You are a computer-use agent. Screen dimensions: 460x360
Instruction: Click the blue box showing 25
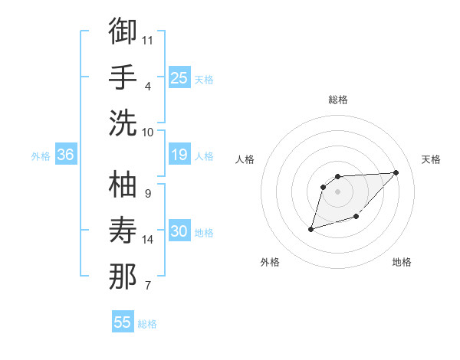179,77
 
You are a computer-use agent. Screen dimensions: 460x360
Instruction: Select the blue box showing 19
179,155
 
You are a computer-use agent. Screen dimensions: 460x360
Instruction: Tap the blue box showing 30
179,231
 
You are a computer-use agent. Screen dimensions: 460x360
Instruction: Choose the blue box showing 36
65,155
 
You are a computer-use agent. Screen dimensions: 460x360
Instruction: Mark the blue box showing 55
123,322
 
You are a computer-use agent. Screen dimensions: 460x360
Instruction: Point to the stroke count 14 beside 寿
148,240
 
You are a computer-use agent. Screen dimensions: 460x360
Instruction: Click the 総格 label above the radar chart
338,100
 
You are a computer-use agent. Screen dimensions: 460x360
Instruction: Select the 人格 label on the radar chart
246,159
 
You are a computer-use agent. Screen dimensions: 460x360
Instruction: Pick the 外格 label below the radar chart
270,262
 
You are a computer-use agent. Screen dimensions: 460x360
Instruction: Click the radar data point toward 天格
396,172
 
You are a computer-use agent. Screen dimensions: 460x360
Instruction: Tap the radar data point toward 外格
310,229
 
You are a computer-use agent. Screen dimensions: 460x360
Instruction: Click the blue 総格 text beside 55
147,324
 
